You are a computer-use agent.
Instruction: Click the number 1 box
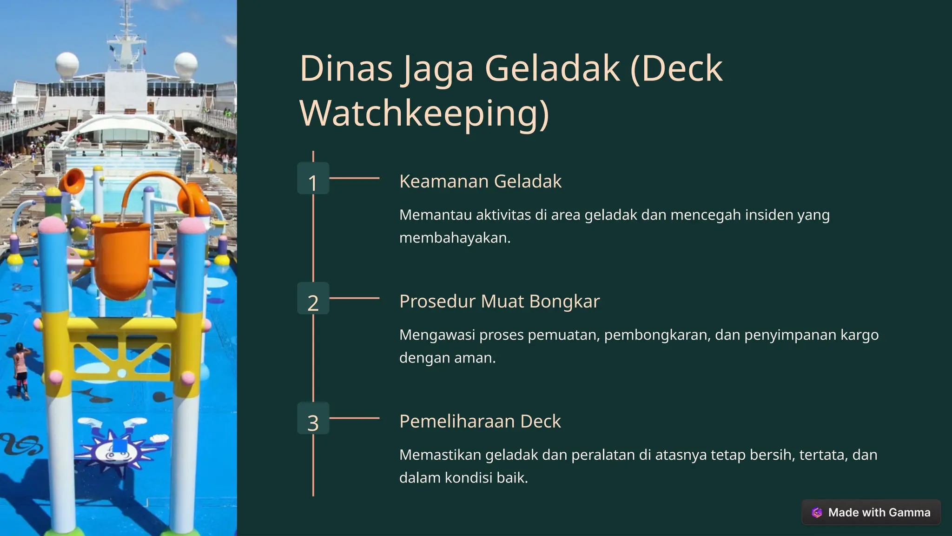pos(313,178)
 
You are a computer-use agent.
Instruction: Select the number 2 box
pos(313,298)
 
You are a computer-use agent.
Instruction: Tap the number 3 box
pos(313,418)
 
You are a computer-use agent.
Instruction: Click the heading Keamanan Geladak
pos(480,181)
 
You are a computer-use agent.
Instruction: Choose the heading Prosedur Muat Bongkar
pos(499,301)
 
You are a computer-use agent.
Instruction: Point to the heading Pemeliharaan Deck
pos(480,421)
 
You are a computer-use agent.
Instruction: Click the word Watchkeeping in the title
pos(424,113)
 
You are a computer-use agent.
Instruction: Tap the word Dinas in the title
pos(346,68)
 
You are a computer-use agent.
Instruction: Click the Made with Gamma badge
pos(871,512)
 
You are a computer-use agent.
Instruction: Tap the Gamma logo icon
pos(817,512)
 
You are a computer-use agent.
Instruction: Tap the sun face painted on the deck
pos(116,449)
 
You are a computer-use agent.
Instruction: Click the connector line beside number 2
pos(354,298)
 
